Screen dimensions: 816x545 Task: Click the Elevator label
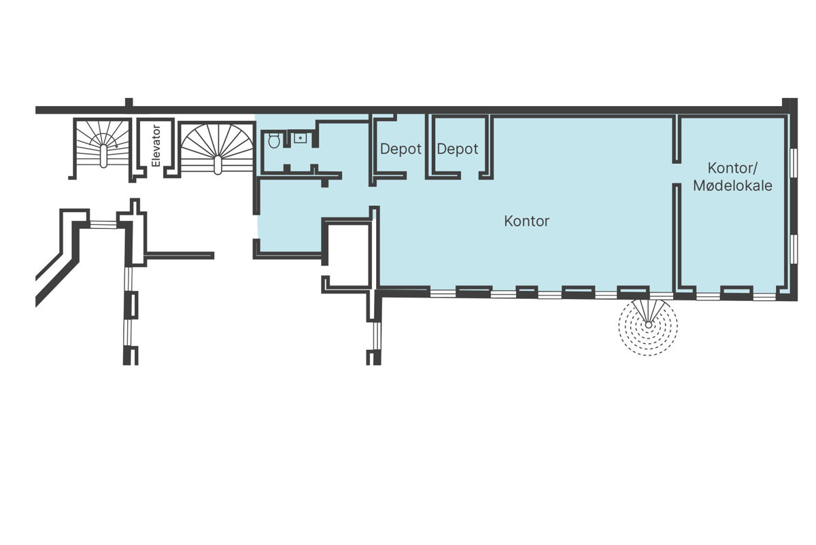[x=156, y=146]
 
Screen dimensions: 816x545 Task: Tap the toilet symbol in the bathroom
[x=274, y=140]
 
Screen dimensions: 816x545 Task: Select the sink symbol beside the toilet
[x=301, y=138]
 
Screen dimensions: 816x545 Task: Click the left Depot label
[x=401, y=149]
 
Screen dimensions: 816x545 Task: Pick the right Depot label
[x=458, y=149]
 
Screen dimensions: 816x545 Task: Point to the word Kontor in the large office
[x=527, y=221]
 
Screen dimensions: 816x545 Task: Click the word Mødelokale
[x=732, y=186]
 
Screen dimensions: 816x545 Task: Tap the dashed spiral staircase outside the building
[x=648, y=326]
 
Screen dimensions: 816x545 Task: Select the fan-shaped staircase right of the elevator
[x=218, y=149]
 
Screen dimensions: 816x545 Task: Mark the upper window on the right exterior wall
[x=794, y=162]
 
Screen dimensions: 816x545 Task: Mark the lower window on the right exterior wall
[x=794, y=249]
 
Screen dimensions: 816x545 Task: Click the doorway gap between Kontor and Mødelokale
[x=677, y=174]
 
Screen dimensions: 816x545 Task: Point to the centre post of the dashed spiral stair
[x=649, y=325]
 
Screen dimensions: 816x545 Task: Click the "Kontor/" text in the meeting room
[x=732, y=169]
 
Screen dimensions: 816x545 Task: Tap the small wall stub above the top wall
[x=129, y=103]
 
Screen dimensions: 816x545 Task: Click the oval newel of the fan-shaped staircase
[x=218, y=165]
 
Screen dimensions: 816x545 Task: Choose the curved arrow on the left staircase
[x=105, y=140]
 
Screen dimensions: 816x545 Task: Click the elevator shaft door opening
[x=155, y=175]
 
